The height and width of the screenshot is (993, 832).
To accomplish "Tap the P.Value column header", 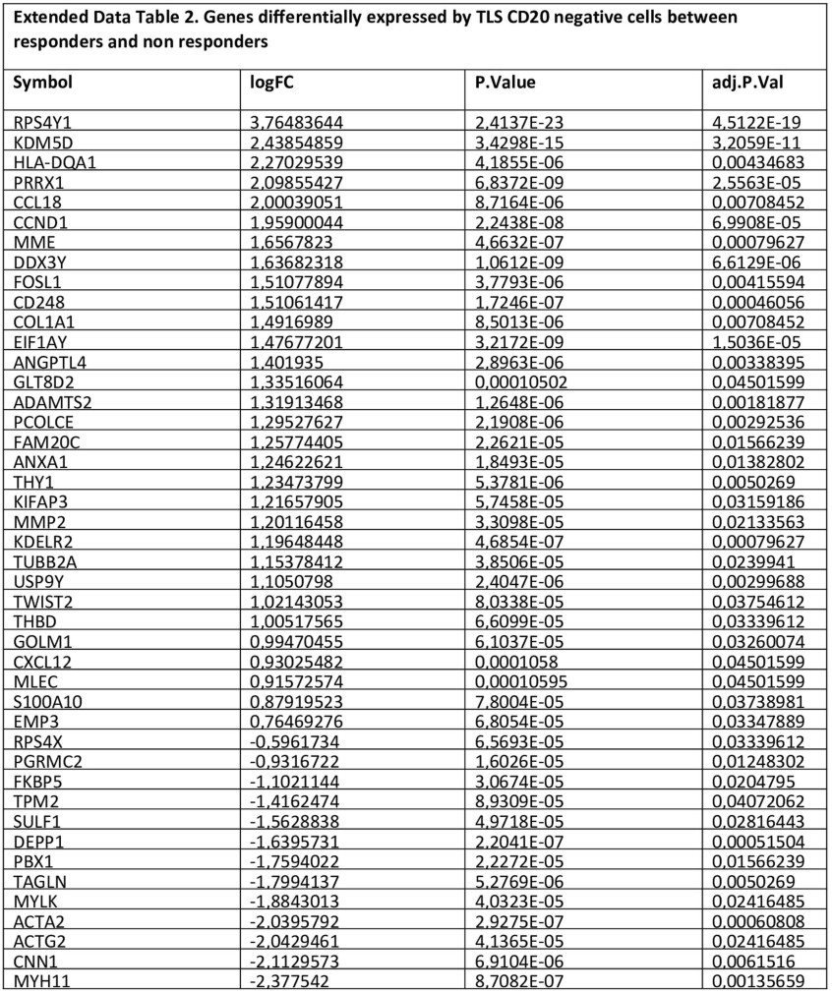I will [x=505, y=83].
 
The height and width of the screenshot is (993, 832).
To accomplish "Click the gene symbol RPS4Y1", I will [x=44, y=123].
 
